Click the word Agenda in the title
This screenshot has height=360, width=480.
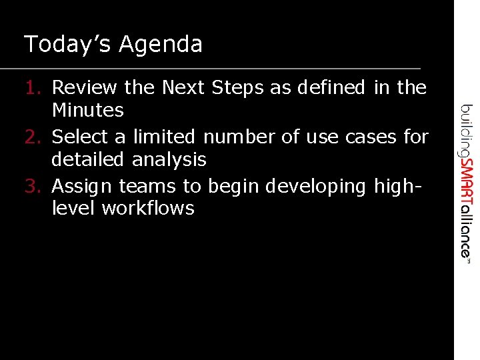pyautogui.click(x=161, y=45)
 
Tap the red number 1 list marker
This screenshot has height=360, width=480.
pyautogui.click(x=34, y=87)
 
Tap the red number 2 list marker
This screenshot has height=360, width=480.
pyautogui.click(x=34, y=137)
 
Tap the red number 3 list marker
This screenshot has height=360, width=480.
pyautogui.click(x=34, y=186)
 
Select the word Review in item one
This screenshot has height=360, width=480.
pyautogui.click(x=84, y=87)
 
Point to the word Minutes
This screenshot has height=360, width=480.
pyautogui.click(x=87, y=110)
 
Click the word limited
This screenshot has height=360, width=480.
pyautogui.click(x=164, y=137)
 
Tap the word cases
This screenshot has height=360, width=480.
pyautogui.click(x=371, y=137)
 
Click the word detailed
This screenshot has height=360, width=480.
pyautogui.click(x=89, y=159)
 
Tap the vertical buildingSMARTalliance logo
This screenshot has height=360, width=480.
pyautogui.click(x=467, y=181)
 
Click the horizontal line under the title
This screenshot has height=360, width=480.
pyautogui.click(x=210, y=69)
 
